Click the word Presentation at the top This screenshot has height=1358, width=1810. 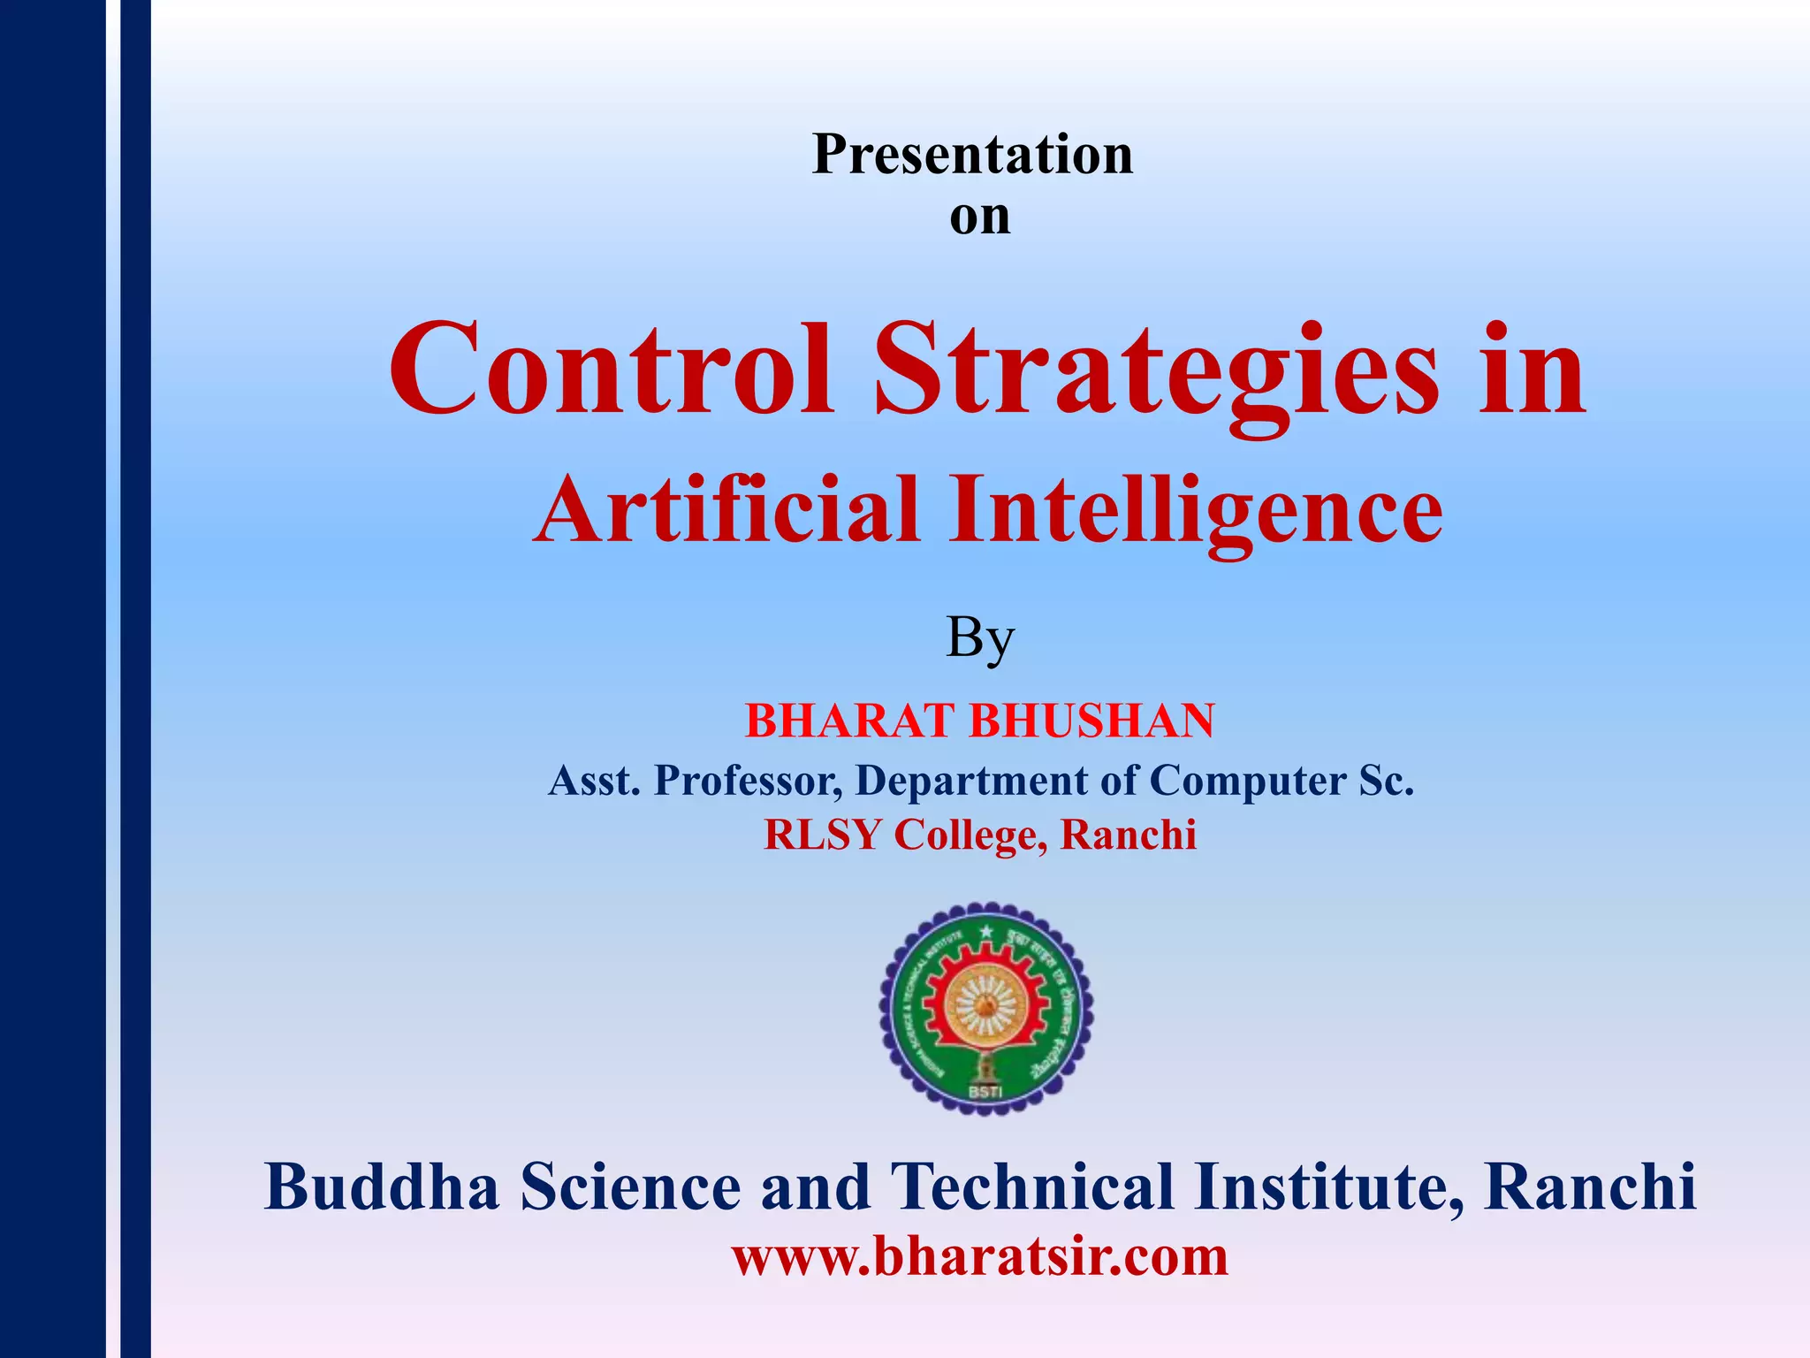click(x=972, y=155)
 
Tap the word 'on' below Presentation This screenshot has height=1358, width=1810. click(x=979, y=217)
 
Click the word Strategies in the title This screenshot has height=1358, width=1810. click(x=1157, y=371)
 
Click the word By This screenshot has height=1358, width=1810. click(x=979, y=638)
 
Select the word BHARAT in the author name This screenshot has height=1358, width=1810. click(x=851, y=721)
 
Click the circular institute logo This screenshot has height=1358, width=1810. click(x=985, y=1008)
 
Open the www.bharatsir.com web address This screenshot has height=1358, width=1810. click(x=979, y=1256)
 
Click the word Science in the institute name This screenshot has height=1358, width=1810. click(x=630, y=1187)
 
